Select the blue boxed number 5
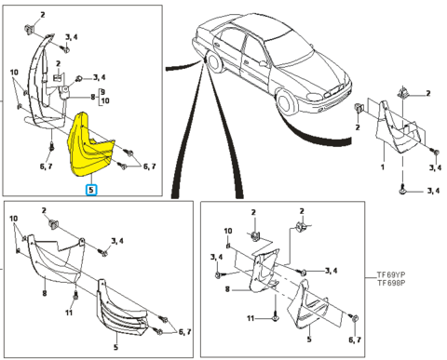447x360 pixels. point(91,190)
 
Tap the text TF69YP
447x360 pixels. point(391,274)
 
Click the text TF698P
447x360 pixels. point(391,283)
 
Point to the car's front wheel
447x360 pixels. point(285,101)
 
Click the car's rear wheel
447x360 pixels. point(213,61)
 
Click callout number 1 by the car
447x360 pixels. point(383,167)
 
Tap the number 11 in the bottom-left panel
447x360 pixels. point(69,313)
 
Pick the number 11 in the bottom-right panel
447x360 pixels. point(251,318)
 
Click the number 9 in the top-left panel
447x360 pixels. point(102,92)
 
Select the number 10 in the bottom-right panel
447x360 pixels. point(228,231)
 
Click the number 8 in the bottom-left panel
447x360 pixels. point(45,293)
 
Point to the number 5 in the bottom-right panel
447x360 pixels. point(309,340)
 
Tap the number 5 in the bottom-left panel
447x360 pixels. point(115,347)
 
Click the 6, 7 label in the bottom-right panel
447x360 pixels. point(355,340)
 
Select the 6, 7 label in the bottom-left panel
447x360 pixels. point(185,332)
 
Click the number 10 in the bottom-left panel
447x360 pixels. point(13,219)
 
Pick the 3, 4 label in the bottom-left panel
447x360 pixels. point(117,241)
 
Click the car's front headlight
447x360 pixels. point(315,97)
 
